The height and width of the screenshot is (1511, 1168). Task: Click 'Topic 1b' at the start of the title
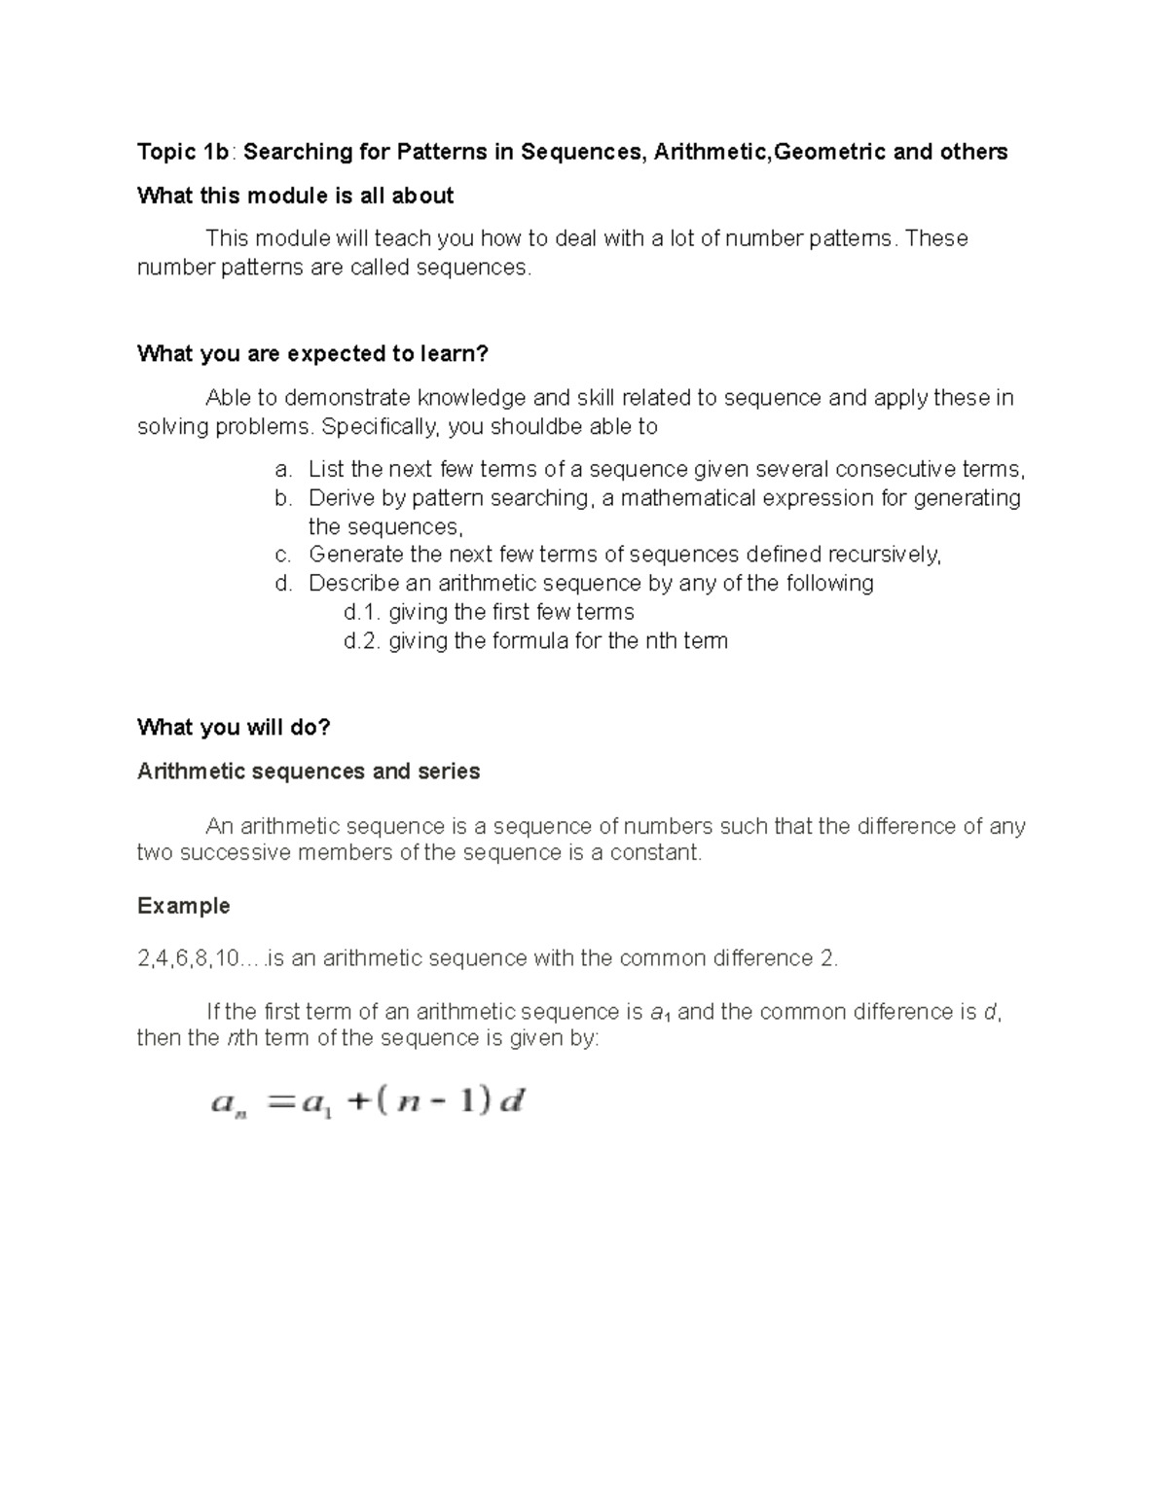pos(183,152)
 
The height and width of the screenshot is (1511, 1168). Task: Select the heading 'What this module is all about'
pos(295,196)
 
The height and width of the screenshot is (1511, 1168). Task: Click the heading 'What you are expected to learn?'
pos(311,354)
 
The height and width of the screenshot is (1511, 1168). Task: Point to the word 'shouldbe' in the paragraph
pos(531,427)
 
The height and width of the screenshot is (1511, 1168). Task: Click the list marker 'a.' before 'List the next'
pos(282,470)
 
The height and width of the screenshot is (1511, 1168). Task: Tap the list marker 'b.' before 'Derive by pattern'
pos(282,498)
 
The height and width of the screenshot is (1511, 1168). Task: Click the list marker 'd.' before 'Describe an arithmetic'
pos(282,584)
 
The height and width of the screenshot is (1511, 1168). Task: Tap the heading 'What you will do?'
pos(234,728)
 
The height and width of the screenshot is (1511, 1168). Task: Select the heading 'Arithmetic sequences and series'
pos(309,772)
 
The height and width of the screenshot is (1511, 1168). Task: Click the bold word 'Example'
pos(183,906)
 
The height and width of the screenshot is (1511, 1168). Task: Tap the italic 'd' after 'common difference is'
pos(990,1013)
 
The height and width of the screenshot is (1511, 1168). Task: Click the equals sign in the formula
pos(279,1103)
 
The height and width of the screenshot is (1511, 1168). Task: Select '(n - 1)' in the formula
pos(430,1102)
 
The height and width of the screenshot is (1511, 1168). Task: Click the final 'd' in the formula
pos(512,1102)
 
